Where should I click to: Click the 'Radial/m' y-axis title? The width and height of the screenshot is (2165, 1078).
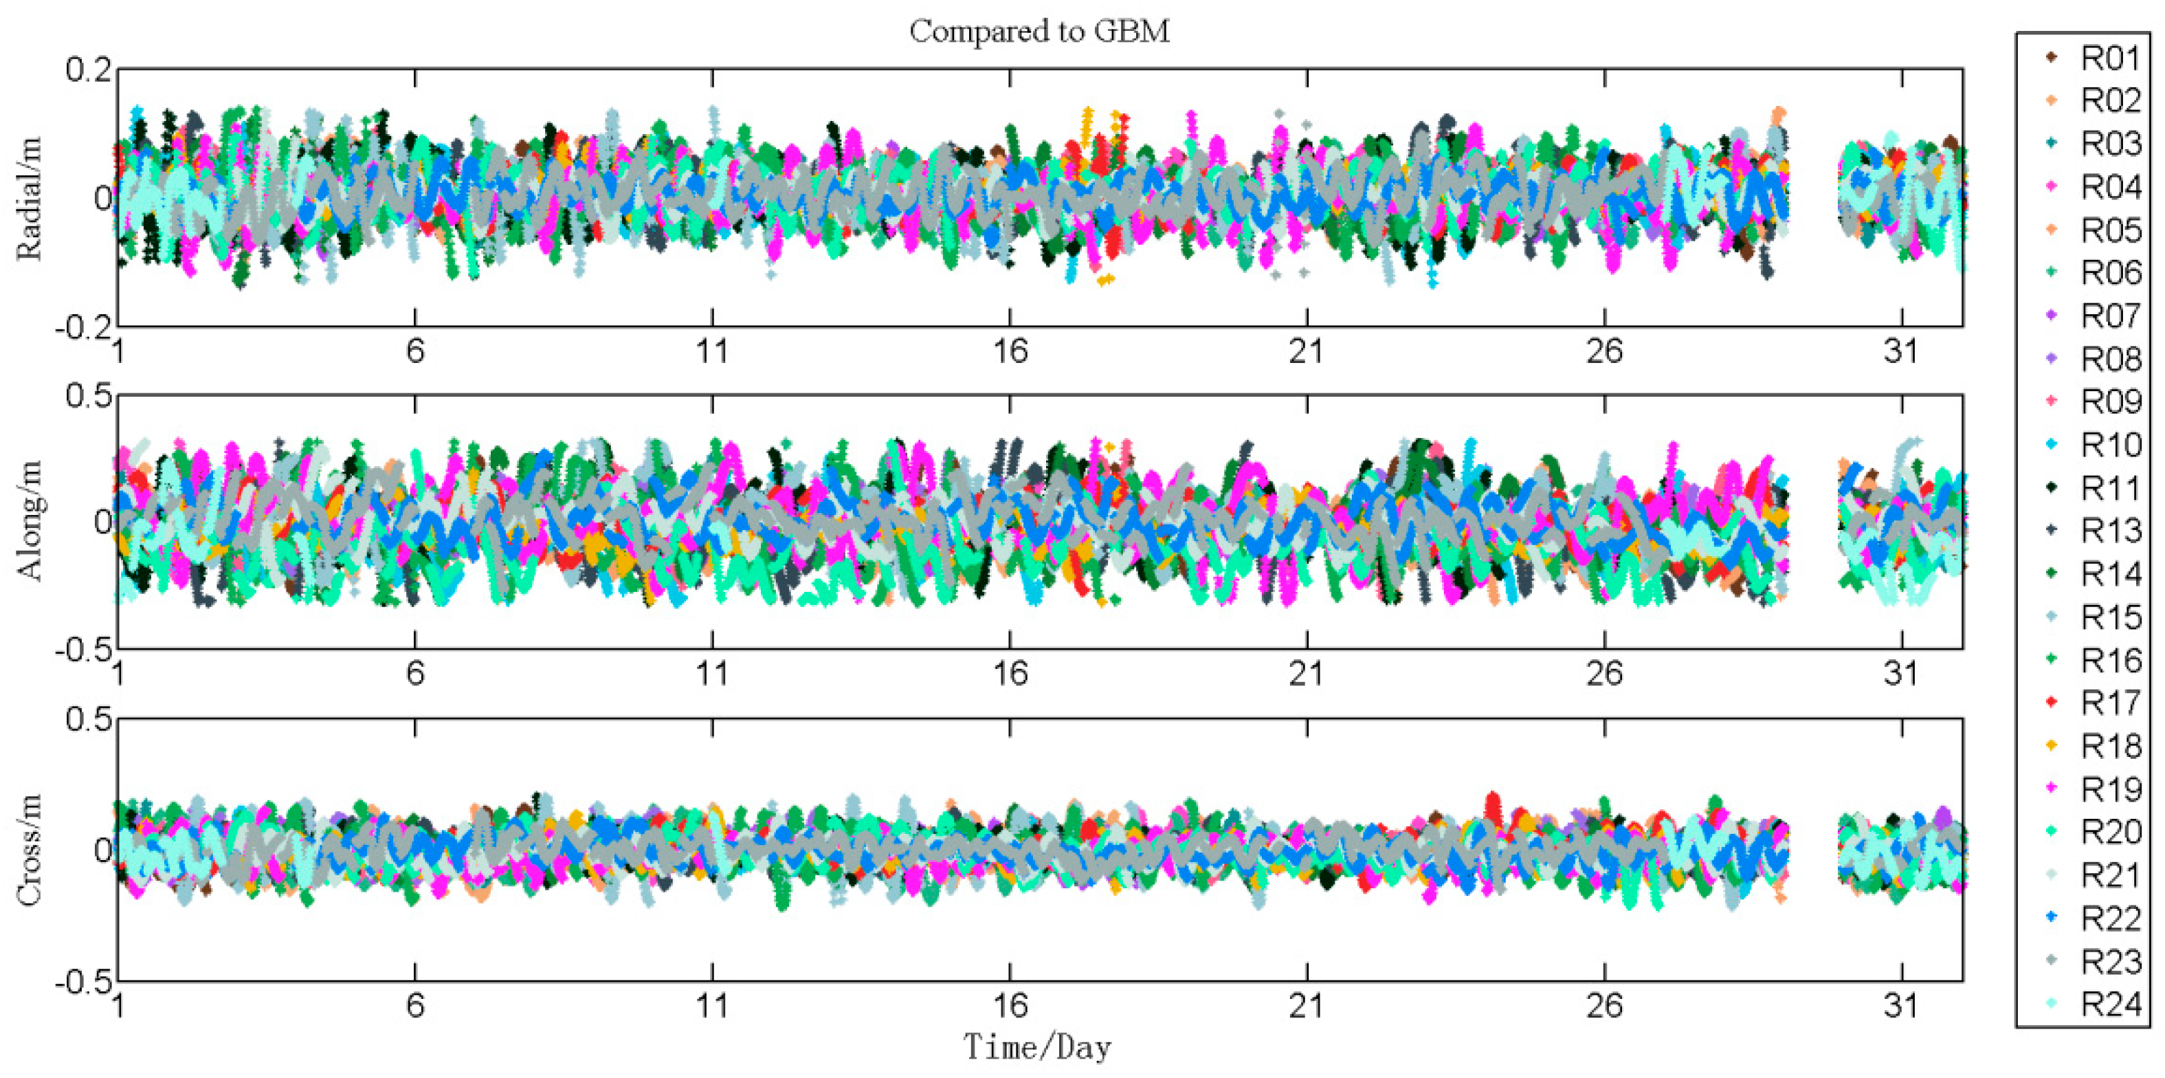point(29,199)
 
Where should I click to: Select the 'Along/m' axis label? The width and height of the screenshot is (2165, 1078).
point(29,521)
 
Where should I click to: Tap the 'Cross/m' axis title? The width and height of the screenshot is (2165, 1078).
point(29,849)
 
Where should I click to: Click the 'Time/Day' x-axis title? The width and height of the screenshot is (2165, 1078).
point(1037,1048)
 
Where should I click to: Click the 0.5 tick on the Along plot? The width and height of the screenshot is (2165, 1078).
point(88,395)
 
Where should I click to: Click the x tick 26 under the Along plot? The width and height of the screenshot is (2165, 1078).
point(1603,674)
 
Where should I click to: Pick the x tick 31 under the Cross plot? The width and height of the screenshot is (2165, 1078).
point(1901,1006)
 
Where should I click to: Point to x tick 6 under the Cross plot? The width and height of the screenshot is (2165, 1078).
point(415,1006)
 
